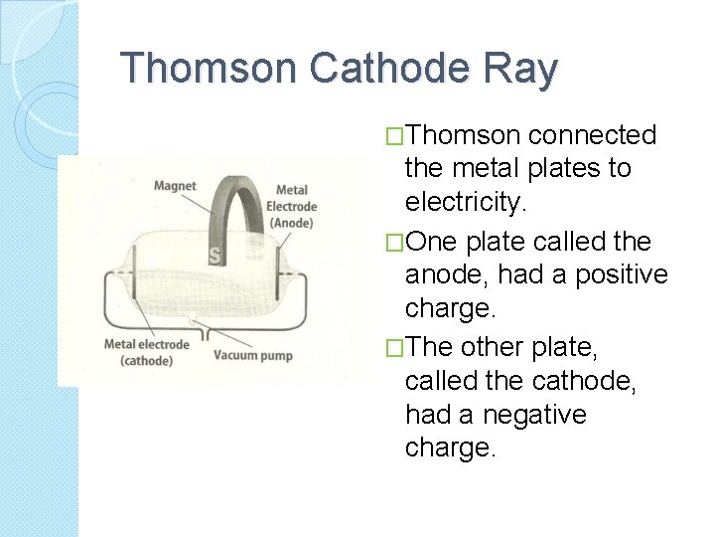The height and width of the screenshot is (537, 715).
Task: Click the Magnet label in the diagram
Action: (175, 185)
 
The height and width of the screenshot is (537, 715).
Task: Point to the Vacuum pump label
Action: (253, 354)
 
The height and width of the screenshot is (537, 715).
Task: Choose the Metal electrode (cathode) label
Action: (146, 352)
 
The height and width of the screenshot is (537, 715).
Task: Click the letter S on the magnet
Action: (214, 257)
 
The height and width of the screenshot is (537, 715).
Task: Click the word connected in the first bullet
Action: (593, 134)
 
